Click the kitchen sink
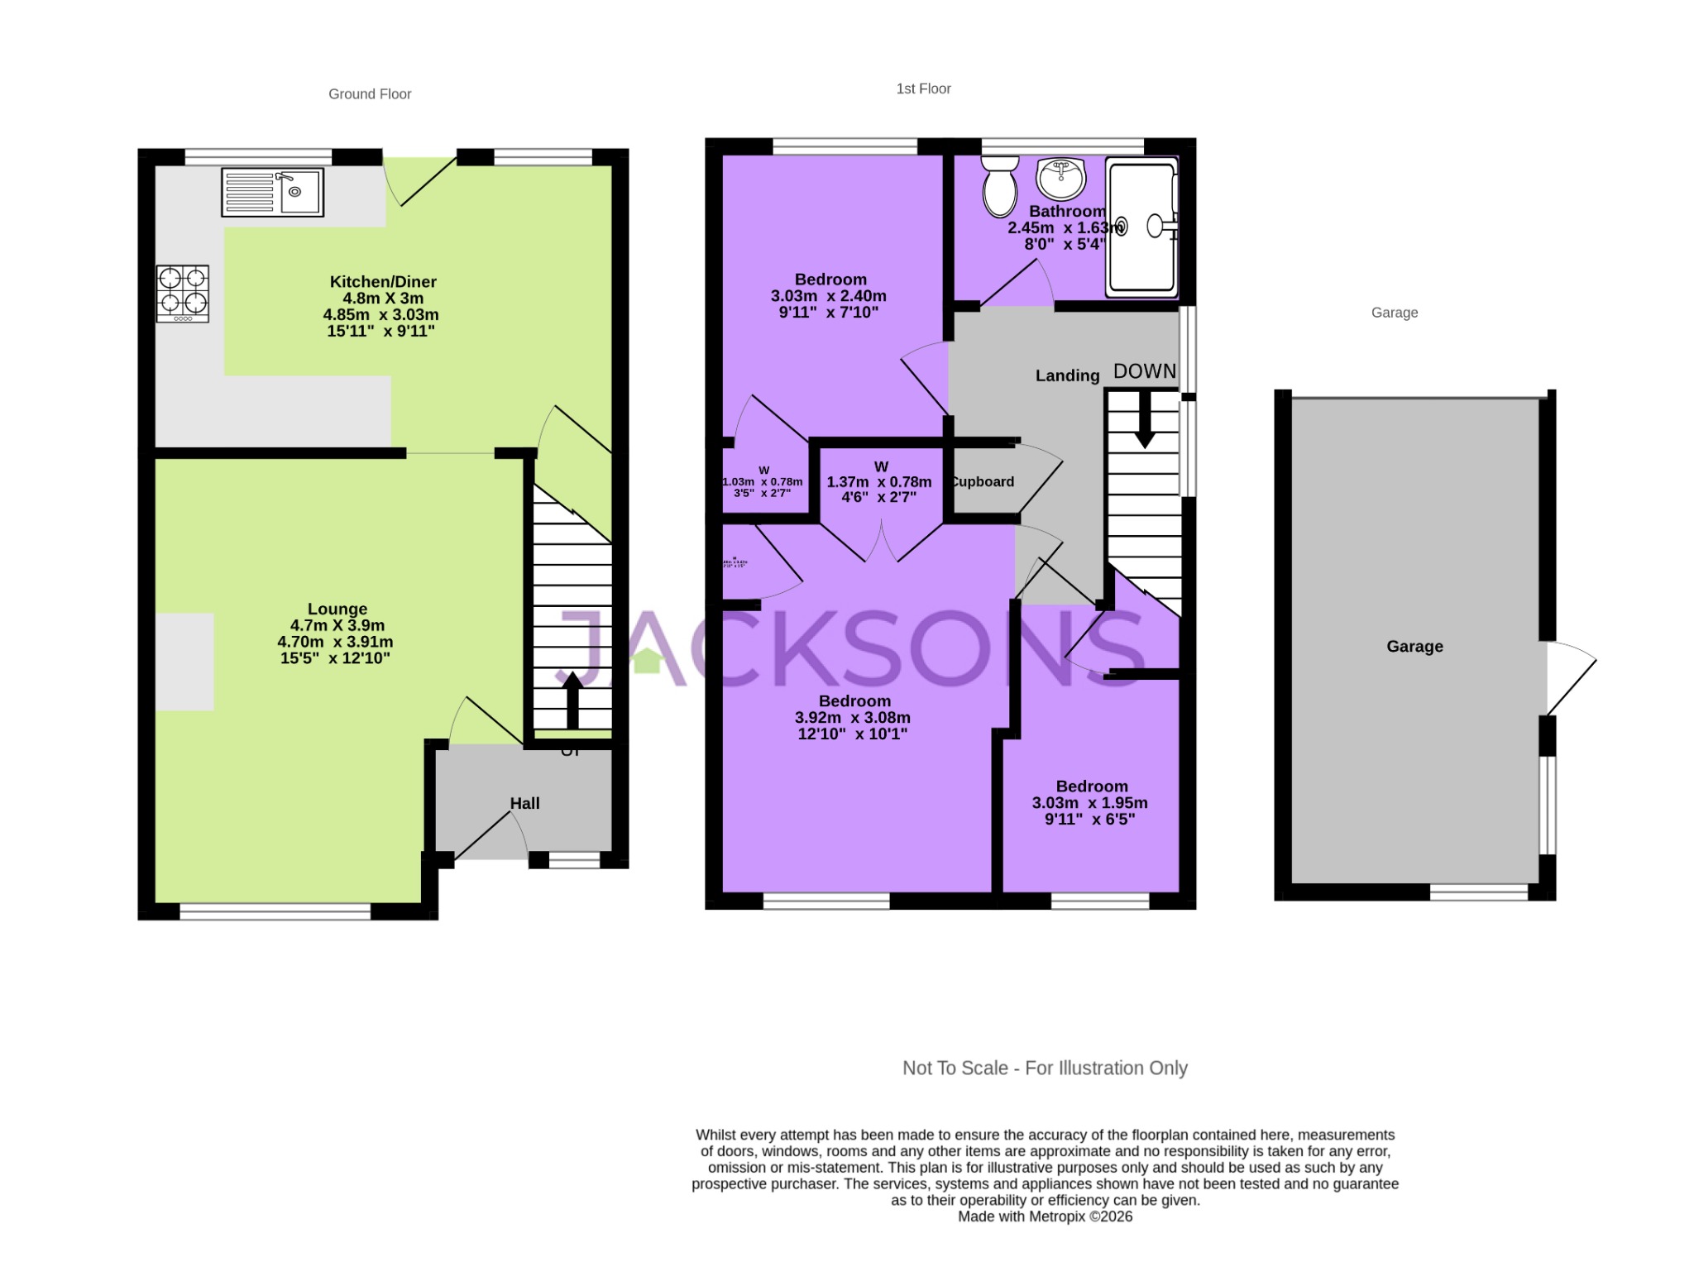click(x=272, y=192)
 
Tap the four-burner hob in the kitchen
click(x=183, y=294)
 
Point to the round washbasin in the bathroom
click(x=1060, y=178)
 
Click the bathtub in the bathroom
click(x=1142, y=227)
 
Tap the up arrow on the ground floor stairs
click(x=572, y=700)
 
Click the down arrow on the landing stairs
click(x=1145, y=418)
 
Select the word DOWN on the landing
click(x=1145, y=371)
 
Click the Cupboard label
click(x=983, y=482)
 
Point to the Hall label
click(x=524, y=803)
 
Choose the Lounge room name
click(x=337, y=609)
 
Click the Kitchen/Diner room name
click(x=383, y=282)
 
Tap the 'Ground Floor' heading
click(x=370, y=94)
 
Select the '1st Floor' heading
click(x=923, y=88)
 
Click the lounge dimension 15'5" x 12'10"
click(x=335, y=658)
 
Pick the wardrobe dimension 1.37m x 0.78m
click(x=878, y=482)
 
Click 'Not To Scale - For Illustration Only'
click(x=1045, y=1068)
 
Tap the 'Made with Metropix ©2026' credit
click(x=1045, y=1217)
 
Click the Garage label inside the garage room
click(x=1414, y=647)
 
